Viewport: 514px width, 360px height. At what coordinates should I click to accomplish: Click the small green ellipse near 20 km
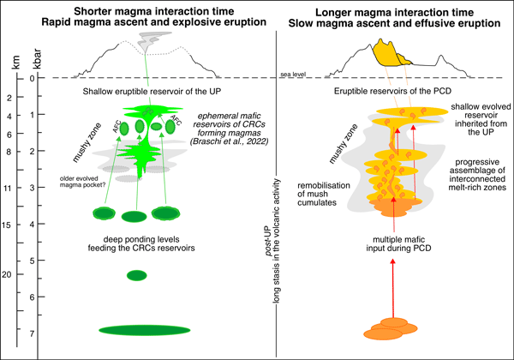[137, 275]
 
